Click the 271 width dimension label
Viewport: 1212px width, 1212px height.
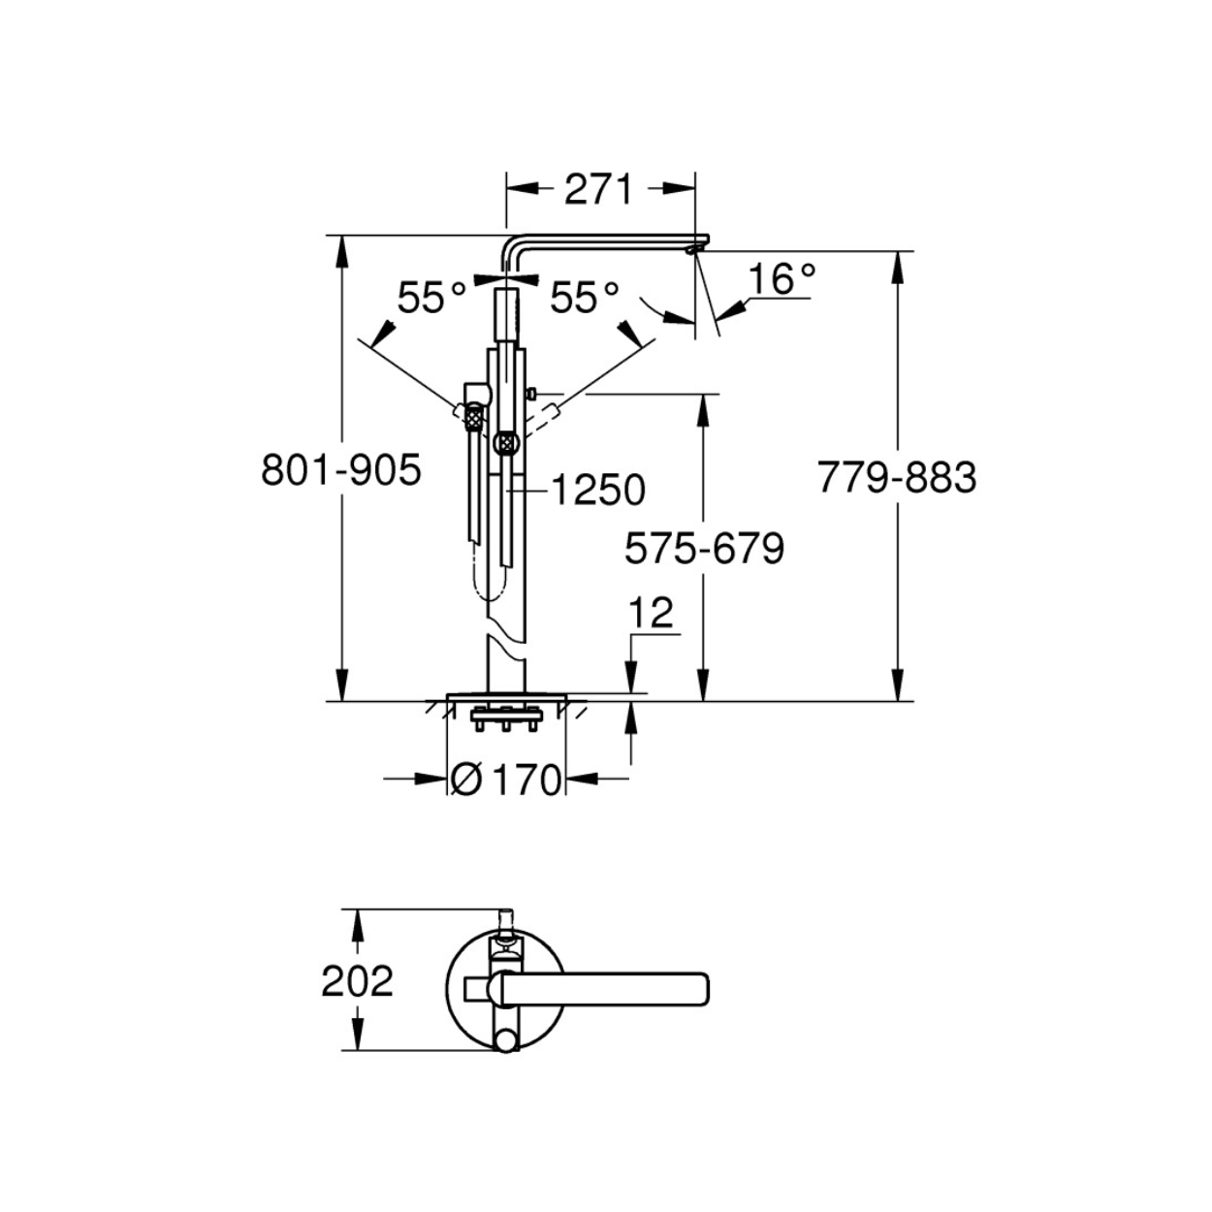(x=597, y=189)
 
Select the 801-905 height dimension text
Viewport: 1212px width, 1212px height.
(x=341, y=470)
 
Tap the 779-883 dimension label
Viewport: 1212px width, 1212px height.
(x=897, y=477)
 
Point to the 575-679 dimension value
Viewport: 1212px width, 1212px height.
(x=705, y=549)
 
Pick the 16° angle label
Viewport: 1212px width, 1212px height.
(x=783, y=278)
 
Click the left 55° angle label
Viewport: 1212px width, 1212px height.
(x=432, y=298)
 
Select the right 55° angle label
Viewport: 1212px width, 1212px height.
(x=585, y=298)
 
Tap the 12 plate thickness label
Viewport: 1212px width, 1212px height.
(x=652, y=612)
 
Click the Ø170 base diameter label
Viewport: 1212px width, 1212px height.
(x=506, y=780)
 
